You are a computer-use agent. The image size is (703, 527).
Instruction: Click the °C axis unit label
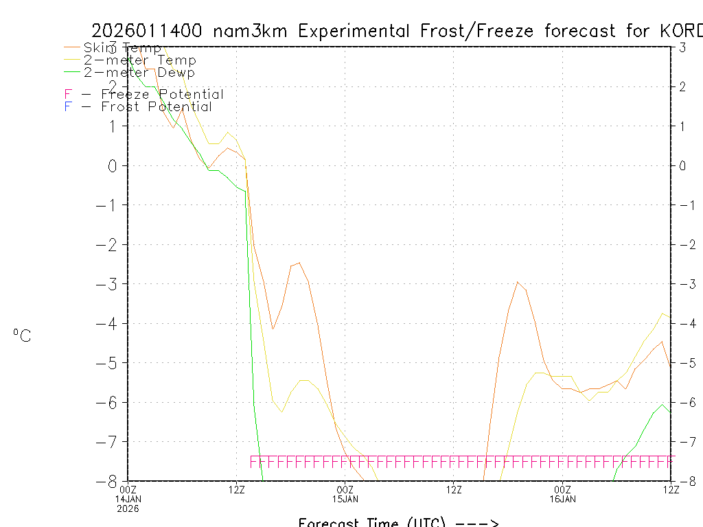point(22,336)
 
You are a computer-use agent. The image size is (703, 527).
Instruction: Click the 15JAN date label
point(345,499)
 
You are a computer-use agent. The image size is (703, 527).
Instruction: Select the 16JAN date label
point(562,499)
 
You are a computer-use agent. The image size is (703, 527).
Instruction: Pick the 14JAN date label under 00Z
point(128,499)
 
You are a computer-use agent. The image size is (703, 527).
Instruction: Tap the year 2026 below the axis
point(128,508)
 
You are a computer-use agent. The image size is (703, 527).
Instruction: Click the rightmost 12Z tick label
point(670,489)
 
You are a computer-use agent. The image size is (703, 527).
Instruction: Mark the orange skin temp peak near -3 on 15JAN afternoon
point(517,282)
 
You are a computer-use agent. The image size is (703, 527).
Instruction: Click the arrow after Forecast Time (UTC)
point(476,524)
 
